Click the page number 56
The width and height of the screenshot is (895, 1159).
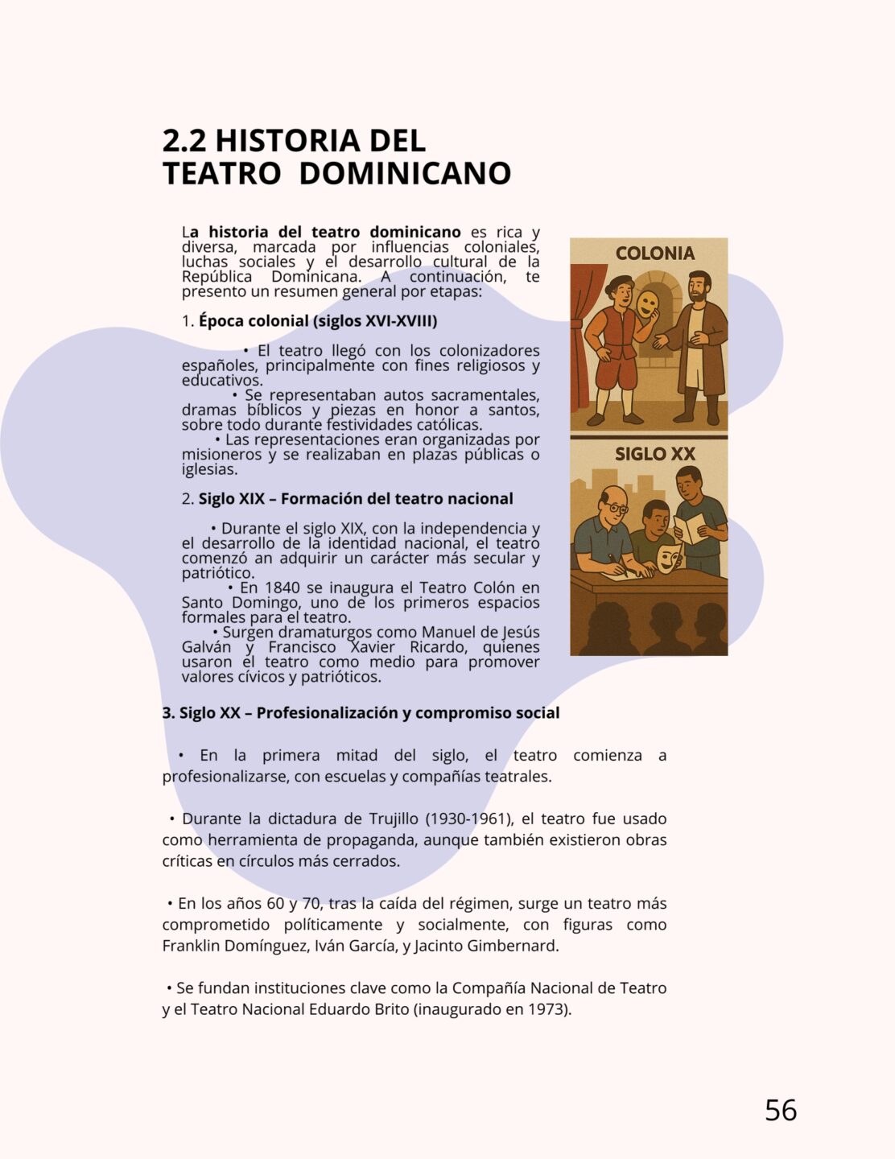click(x=780, y=1110)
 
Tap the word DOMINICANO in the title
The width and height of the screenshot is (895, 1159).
click(x=405, y=174)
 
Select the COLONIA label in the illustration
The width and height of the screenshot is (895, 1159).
click(x=654, y=254)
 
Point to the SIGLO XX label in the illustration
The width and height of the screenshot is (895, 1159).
click(x=654, y=454)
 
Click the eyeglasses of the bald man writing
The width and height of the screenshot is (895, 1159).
click(x=616, y=508)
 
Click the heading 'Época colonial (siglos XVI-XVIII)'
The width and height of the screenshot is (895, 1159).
click(x=318, y=321)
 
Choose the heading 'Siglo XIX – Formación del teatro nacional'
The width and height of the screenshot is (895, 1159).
click(x=356, y=499)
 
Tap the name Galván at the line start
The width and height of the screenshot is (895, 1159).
click(x=206, y=648)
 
